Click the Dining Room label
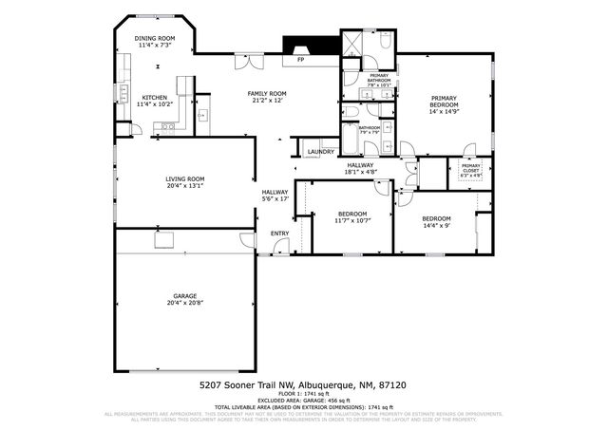[x=154, y=38]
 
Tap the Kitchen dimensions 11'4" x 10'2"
[x=154, y=104]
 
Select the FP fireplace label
[x=300, y=60]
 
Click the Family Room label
[x=267, y=93]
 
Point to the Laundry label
[x=320, y=151]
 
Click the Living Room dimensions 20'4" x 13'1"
[x=185, y=186]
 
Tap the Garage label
[x=184, y=295]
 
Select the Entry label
[x=279, y=233]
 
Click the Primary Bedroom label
[x=444, y=98]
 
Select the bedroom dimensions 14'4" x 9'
[x=436, y=226]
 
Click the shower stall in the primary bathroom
[x=351, y=44]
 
